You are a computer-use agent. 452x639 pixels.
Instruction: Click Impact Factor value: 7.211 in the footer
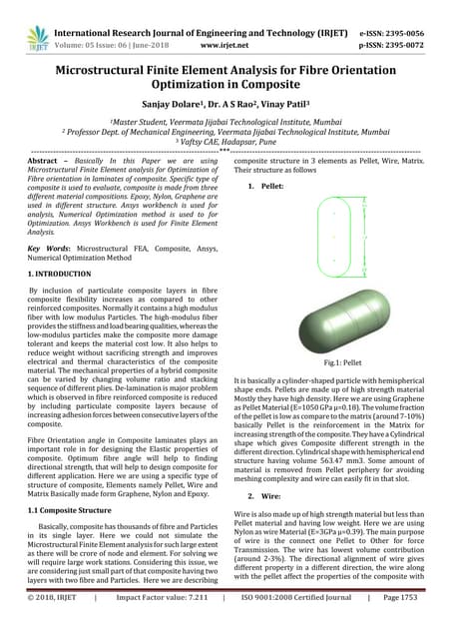[x=161, y=624]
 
